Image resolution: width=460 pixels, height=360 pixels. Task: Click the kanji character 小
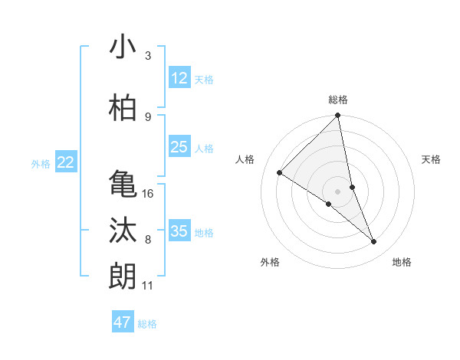tap(123, 47)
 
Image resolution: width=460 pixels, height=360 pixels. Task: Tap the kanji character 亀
tap(123, 184)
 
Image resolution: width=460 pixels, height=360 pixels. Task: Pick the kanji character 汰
tap(123, 231)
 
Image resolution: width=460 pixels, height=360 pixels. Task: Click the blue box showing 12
tap(179, 77)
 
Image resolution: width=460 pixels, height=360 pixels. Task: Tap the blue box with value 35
tap(179, 231)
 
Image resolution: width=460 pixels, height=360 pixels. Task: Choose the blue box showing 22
tap(66, 162)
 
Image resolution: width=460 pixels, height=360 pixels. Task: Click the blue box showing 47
tap(123, 322)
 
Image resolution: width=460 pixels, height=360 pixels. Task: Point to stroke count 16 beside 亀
tap(149, 194)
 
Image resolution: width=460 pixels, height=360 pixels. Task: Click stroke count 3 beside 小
tap(148, 56)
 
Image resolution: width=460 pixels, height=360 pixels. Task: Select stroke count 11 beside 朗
tap(147, 286)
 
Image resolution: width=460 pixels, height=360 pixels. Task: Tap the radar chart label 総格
tap(338, 100)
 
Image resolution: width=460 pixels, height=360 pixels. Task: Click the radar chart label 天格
tap(432, 159)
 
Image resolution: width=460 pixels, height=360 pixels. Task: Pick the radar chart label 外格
tap(270, 262)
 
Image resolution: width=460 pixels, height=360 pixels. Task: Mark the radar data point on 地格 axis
tap(374, 242)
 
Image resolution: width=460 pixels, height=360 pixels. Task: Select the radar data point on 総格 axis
tap(338, 116)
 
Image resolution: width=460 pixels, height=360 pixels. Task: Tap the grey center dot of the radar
tap(338, 191)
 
